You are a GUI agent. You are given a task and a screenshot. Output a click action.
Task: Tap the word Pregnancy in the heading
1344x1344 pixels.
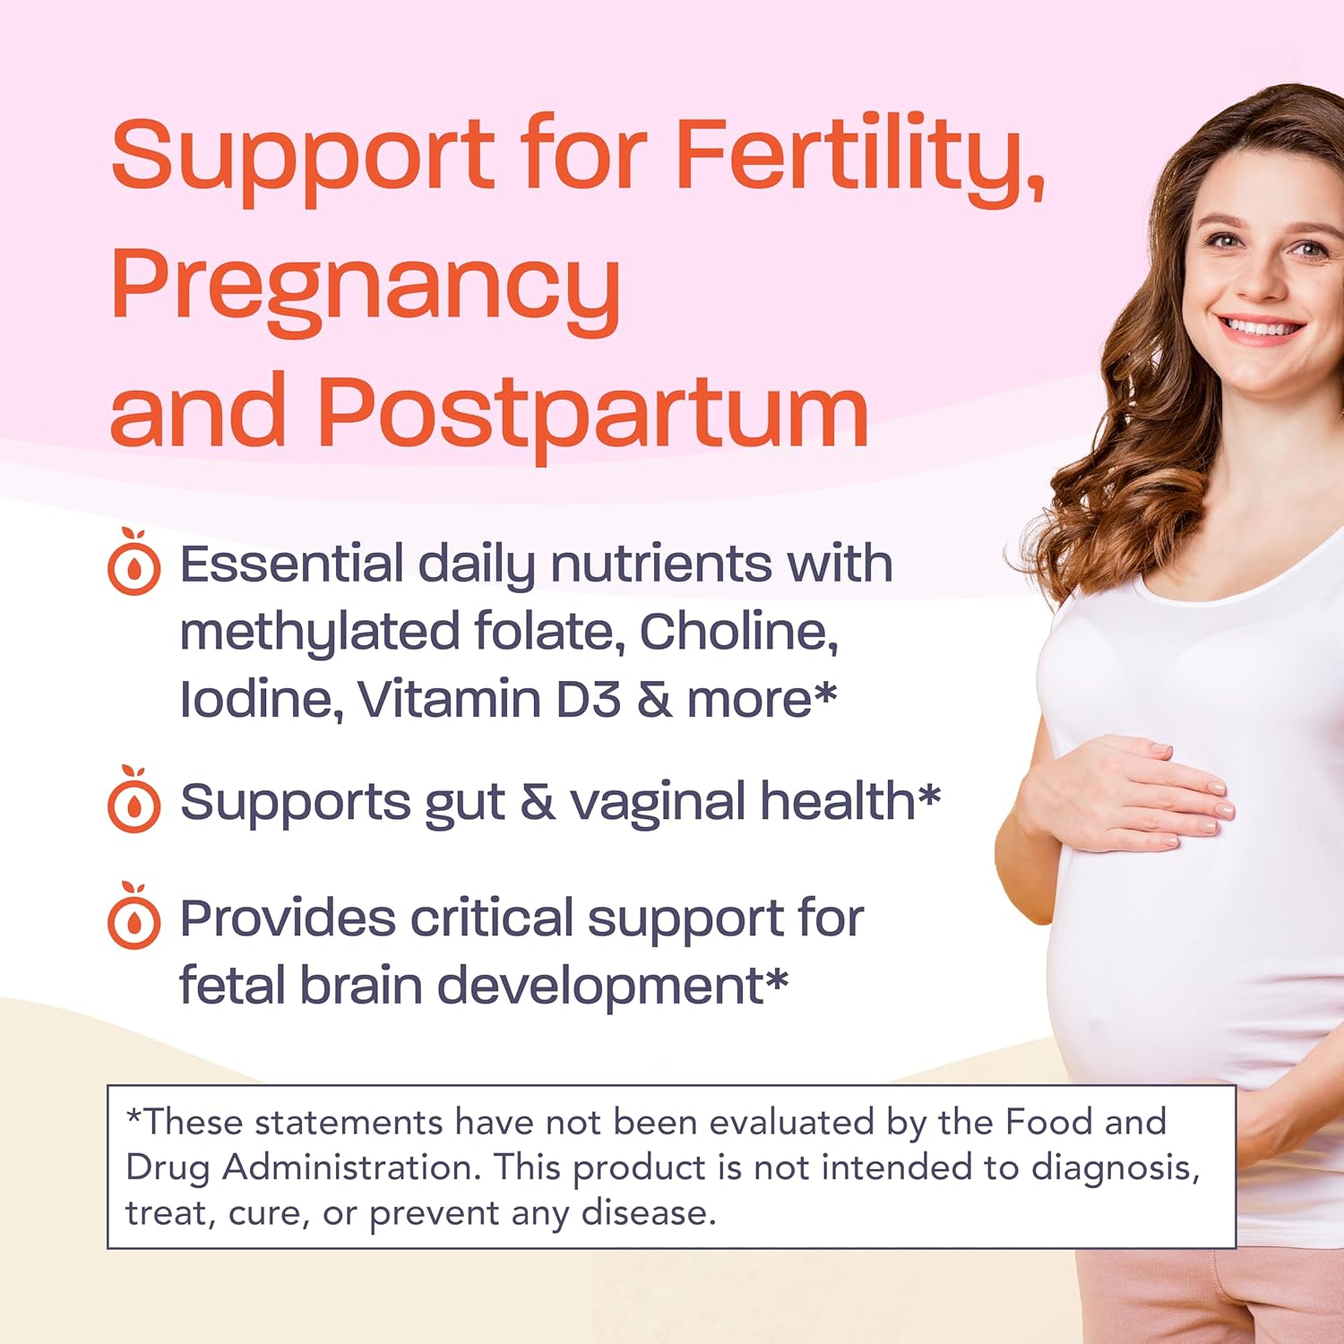(x=366, y=287)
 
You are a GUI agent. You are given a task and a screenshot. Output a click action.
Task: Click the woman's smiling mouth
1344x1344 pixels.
(x=1262, y=328)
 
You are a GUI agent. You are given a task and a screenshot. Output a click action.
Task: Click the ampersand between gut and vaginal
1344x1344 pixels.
(x=537, y=802)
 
